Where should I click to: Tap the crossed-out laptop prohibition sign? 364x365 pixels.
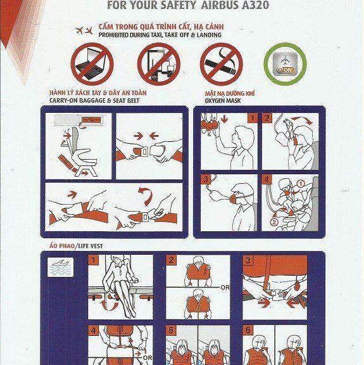point(91,63)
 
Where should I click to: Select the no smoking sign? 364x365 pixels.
point(221,63)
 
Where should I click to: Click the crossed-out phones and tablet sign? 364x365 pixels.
point(159,63)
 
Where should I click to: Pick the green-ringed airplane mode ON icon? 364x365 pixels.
point(284,63)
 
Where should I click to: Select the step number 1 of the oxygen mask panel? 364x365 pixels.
point(251,118)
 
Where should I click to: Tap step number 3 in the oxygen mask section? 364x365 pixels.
point(206,179)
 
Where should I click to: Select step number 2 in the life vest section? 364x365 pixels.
point(171,260)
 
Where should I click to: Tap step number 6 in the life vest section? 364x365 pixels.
point(248,330)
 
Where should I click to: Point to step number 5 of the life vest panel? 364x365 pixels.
point(171,330)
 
